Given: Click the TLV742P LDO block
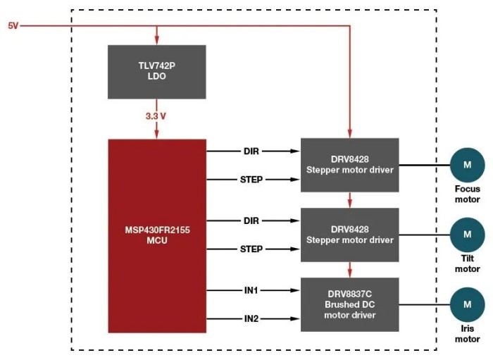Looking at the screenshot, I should coord(156,71).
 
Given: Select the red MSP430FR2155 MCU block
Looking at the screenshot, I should coord(156,235).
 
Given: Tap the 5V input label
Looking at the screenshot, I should coord(13,25).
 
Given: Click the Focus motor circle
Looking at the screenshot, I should coord(467,166).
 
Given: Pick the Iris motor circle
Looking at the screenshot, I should coord(467,304).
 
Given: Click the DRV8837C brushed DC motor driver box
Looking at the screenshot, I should coord(350,304).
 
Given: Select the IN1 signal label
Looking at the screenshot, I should coord(251,290).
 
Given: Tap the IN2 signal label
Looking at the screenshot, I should coord(251,319).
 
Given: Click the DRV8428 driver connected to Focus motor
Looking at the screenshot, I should coord(350,165).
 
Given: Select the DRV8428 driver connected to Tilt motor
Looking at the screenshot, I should coord(350,235).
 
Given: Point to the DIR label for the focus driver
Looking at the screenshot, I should coord(251,150).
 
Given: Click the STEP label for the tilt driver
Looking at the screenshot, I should coord(251,249).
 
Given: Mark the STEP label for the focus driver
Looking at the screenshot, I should coord(251,180).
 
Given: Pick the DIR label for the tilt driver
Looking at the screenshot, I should coord(251,221).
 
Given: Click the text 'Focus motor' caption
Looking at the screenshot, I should coord(467,194).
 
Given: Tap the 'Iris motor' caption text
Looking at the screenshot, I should coord(467,333).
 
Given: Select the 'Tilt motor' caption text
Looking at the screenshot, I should coord(467,263).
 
